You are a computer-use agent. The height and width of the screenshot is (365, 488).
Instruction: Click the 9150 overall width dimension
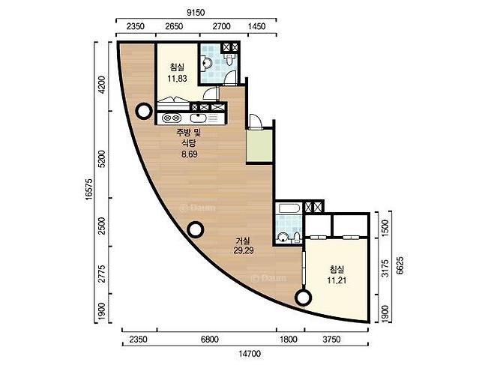coord(196,13)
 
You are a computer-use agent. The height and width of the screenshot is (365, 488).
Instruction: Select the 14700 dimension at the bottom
coord(250,354)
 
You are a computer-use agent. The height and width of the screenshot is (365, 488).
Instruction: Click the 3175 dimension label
coord(385,268)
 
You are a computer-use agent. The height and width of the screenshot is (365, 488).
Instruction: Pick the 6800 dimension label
coord(209,339)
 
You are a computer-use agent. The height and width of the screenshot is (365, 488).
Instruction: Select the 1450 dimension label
coord(257,26)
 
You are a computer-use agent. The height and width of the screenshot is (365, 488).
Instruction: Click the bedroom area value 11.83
coord(177,79)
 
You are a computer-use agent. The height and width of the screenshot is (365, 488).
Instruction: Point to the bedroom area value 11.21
coord(337,280)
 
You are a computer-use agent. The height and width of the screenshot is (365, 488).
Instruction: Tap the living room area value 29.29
coord(244,250)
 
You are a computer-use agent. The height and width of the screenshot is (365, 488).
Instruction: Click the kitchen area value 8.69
coord(190,154)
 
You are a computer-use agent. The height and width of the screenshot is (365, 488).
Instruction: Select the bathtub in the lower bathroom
coord(289,208)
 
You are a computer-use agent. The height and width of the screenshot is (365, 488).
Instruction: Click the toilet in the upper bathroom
coord(229,59)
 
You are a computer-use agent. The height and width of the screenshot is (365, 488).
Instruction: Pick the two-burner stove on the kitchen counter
coord(172,118)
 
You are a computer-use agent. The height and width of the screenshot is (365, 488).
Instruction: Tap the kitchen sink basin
coord(198,118)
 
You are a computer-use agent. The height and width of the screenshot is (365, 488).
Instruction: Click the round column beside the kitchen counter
coord(144,111)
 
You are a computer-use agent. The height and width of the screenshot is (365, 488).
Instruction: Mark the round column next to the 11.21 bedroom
coord(303,298)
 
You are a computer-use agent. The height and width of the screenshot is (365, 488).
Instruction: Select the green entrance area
coord(259,146)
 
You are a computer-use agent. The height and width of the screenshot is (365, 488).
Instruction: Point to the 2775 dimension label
coord(102,274)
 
